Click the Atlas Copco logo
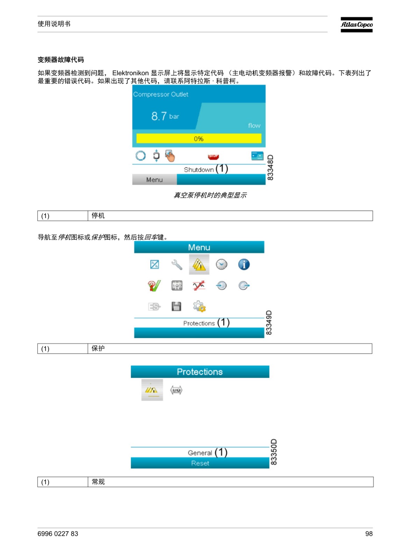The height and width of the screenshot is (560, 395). pyautogui.click(x=356, y=24)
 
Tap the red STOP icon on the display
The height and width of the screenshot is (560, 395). pyautogui.click(x=213, y=156)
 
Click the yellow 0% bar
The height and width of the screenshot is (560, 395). pyautogui.click(x=199, y=139)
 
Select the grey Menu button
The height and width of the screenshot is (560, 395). pyautogui.click(x=154, y=180)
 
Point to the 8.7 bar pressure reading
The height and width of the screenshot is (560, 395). pyautogui.click(x=165, y=116)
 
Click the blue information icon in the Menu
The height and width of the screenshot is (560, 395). pyautogui.click(x=244, y=264)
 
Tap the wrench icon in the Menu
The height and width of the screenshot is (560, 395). pyautogui.click(x=177, y=265)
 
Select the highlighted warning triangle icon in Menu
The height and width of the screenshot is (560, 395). pyautogui.click(x=199, y=264)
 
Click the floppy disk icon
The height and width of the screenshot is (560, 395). pyautogui.click(x=176, y=306)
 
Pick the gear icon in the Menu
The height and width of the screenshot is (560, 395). pyautogui.click(x=199, y=306)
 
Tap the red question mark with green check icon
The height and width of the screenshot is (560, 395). pyautogui.click(x=154, y=286)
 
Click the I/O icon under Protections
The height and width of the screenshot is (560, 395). pyautogui.click(x=176, y=390)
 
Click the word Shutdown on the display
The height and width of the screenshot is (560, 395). pyautogui.click(x=199, y=170)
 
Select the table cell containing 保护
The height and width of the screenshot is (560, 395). pyautogui.click(x=230, y=349)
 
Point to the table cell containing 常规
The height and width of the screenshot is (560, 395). pyautogui.click(x=230, y=482)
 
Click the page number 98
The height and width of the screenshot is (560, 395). pyautogui.click(x=369, y=534)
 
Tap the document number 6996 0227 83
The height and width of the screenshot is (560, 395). pyautogui.click(x=58, y=534)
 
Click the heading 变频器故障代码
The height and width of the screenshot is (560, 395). pyautogui.click(x=61, y=60)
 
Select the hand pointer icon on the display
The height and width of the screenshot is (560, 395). pyautogui.click(x=170, y=156)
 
